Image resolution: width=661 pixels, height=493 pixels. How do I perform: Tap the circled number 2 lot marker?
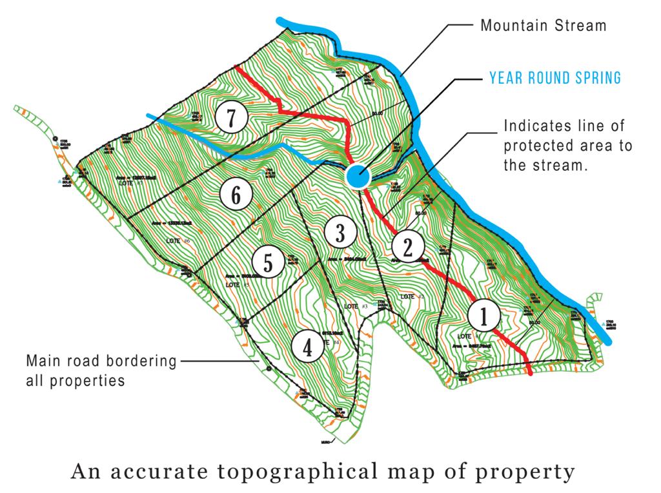point(407,247)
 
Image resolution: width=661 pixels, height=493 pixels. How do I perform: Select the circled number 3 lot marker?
point(338,233)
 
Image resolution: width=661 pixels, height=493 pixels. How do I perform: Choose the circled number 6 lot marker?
point(236,195)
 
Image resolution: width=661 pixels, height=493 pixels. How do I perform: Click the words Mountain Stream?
point(544,26)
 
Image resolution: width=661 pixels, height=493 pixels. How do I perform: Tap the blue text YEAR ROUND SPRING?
point(555,79)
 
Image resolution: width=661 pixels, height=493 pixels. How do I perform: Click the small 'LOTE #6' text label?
point(178,241)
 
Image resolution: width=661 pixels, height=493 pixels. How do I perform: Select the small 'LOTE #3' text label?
point(356,305)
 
